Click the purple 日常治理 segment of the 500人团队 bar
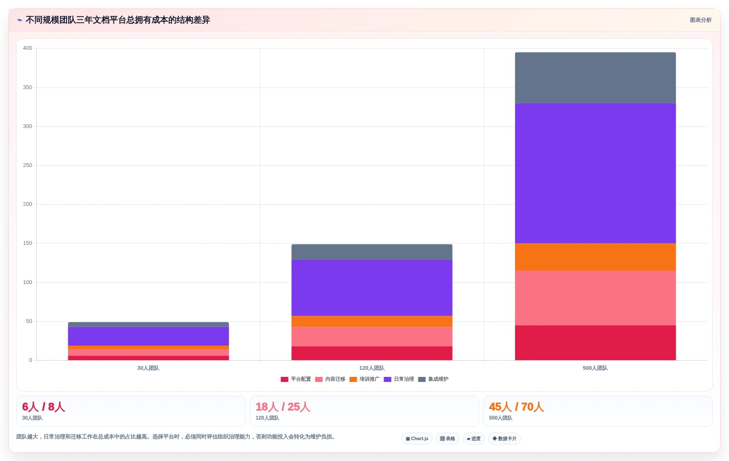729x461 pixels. (x=595, y=173)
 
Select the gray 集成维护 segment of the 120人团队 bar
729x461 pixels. (x=372, y=252)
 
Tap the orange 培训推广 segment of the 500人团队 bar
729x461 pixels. (x=595, y=257)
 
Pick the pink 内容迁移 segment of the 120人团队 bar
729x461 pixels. (x=372, y=336)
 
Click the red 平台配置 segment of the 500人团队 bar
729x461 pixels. (x=595, y=343)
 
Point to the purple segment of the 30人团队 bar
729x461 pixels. (x=148, y=336)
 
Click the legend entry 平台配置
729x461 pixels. (x=296, y=379)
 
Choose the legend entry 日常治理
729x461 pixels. (x=399, y=379)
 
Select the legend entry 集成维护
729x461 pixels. (x=433, y=379)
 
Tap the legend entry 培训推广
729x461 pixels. (x=364, y=379)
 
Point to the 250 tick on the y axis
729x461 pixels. (x=28, y=165)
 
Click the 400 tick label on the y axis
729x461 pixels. (x=28, y=48)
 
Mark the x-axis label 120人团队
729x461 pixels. (x=372, y=368)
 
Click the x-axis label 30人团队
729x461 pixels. (x=148, y=368)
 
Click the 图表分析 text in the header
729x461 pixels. (x=701, y=20)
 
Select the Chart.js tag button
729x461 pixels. (x=417, y=438)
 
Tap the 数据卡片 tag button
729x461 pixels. (x=504, y=438)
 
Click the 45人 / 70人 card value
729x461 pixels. (x=516, y=407)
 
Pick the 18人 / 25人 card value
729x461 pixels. (x=283, y=407)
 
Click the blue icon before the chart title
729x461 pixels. (x=19, y=20)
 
